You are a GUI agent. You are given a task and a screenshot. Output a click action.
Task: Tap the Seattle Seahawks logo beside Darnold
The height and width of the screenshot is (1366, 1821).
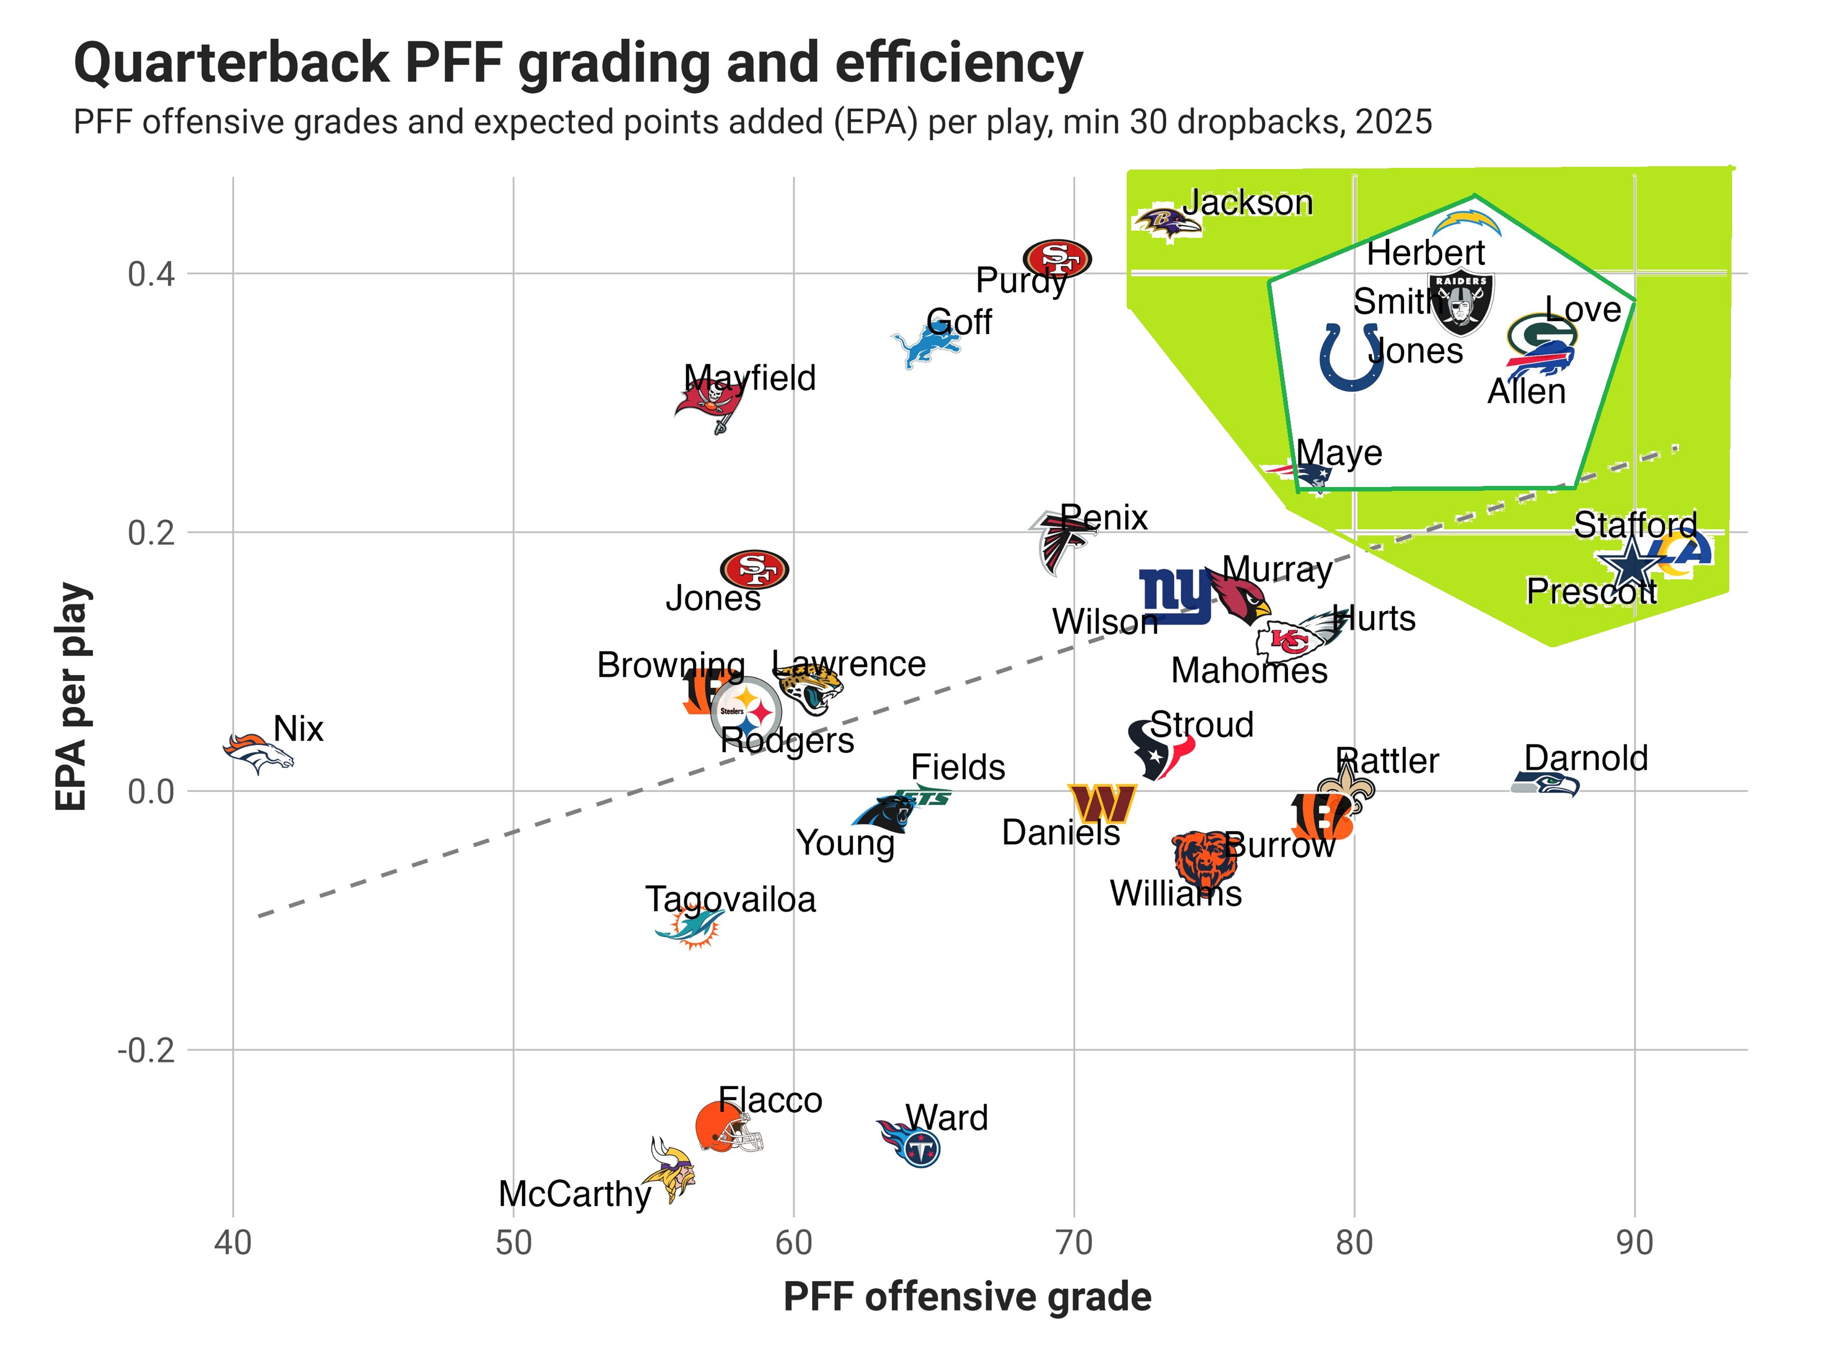point(1545,784)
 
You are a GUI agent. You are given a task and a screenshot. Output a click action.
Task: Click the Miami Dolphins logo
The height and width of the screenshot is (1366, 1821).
point(690,928)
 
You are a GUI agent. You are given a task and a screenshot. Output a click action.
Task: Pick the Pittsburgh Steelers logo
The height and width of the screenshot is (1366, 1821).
point(746,712)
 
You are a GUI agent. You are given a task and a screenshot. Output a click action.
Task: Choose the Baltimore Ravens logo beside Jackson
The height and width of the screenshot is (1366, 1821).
point(1167,221)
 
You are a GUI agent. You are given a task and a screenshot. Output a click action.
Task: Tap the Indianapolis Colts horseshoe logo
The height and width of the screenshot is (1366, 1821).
point(1350,357)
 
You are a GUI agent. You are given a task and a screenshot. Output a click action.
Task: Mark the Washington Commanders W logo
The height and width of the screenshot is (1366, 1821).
point(1102,803)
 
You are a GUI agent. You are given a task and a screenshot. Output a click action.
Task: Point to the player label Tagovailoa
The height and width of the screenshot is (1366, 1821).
point(730,899)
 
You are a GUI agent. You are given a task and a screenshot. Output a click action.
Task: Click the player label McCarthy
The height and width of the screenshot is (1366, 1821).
point(575,1194)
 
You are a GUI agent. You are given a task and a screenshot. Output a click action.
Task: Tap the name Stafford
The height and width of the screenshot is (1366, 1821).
point(1635,524)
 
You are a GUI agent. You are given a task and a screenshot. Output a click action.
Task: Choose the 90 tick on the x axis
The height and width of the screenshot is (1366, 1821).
point(1634,1243)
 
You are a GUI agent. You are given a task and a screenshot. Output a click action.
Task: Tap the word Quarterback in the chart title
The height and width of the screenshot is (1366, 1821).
point(231,63)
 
